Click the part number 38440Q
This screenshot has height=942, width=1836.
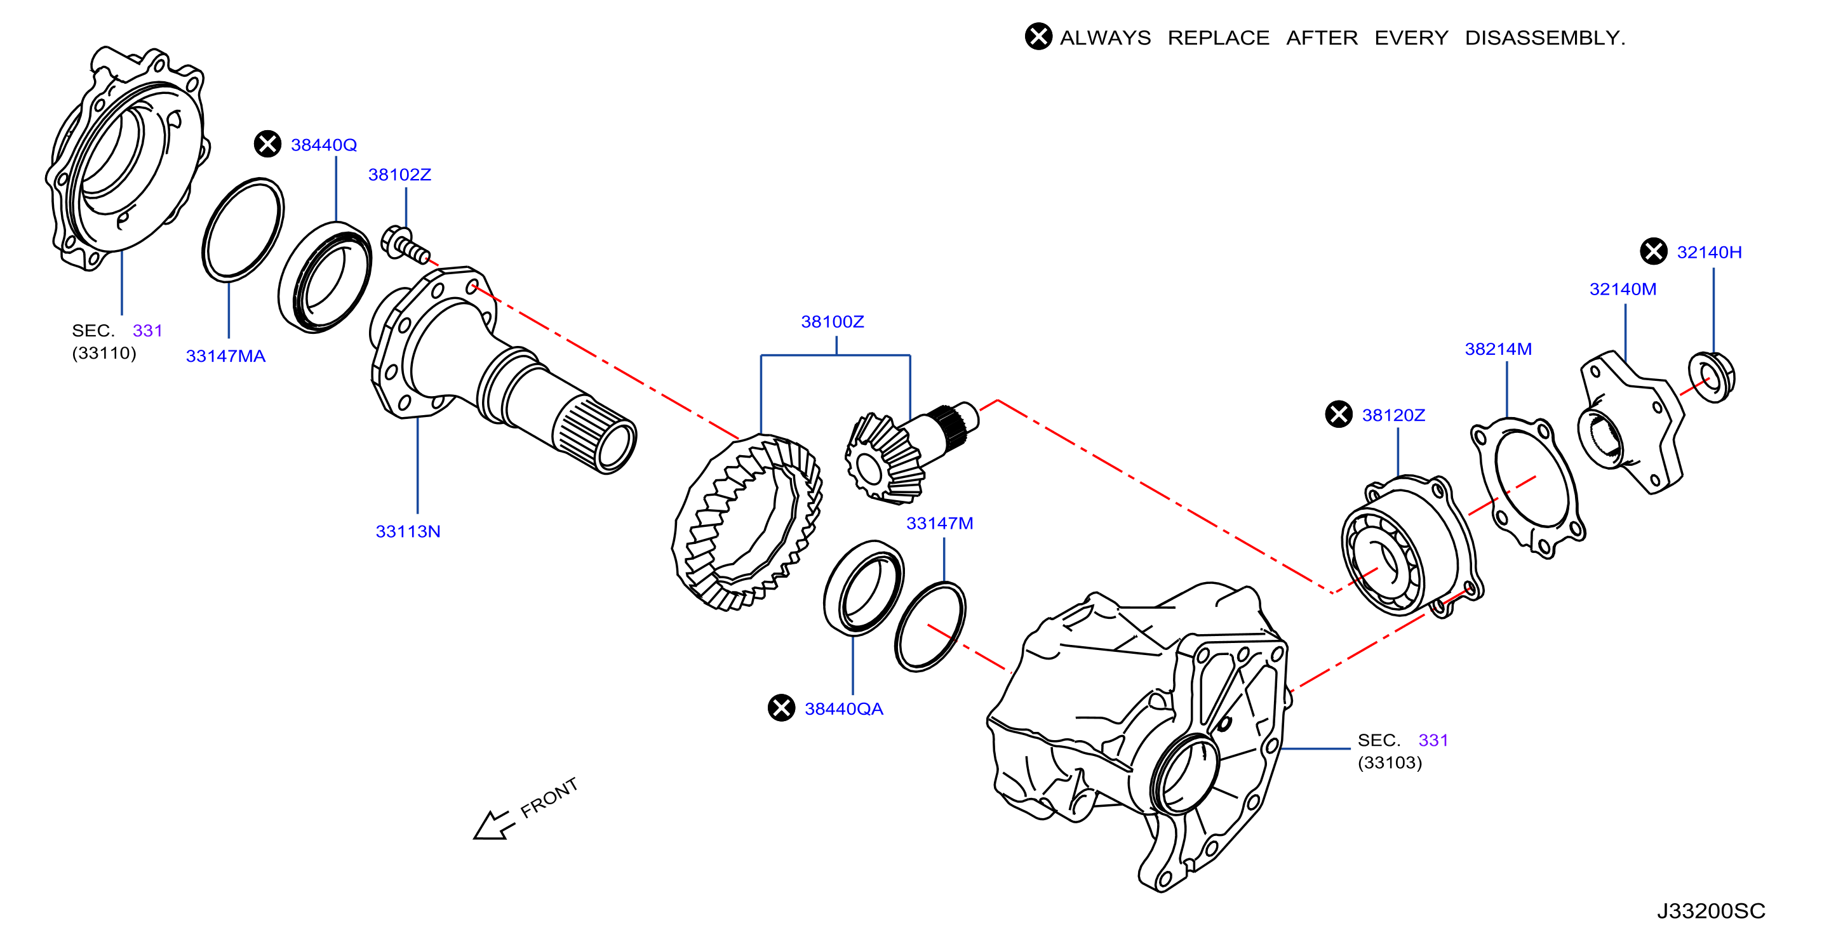pyautogui.click(x=324, y=145)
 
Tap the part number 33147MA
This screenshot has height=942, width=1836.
pyautogui.click(x=225, y=355)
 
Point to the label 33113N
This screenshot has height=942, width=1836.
pyautogui.click(x=408, y=531)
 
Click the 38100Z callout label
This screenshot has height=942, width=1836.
pyautogui.click(x=833, y=321)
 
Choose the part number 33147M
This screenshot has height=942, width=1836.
pyautogui.click(x=939, y=523)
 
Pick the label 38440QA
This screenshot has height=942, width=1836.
pyautogui.click(x=844, y=708)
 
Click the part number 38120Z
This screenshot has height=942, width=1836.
pyautogui.click(x=1393, y=415)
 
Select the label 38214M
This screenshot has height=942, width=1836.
pyautogui.click(x=1498, y=348)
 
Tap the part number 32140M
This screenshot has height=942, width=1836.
pyautogui.click(x=1623, y=289)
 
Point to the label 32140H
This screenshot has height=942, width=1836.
pyautogui.click(x=1709, y=251)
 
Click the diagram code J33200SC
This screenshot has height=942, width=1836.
pyautogui.click(x=1710, y=911)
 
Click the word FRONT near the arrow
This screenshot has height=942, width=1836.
pyautogui.click(x=549, y=797)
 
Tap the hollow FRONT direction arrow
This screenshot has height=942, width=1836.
pyautogui.click(x=493, y=826)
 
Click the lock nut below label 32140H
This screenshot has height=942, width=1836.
pyautogui.click(x=1712, y=377)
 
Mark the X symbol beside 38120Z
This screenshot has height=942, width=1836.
pyautogui.click(x=1339, y=414)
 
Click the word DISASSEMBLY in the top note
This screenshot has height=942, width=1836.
pyautogui.click(x=1545, y=37)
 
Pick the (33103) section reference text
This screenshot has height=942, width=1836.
pyautogui.click(x=1390, y=762)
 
